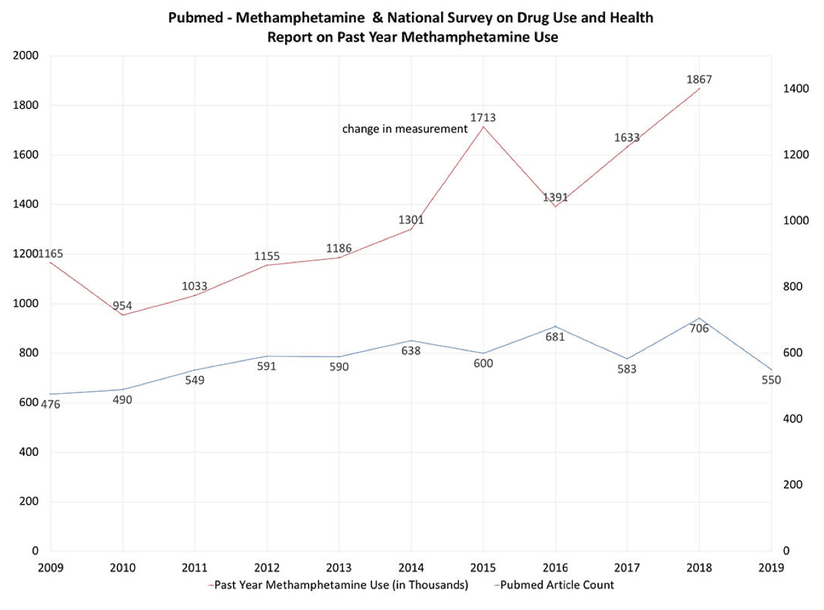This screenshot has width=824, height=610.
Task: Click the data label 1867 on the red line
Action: click(698, 80)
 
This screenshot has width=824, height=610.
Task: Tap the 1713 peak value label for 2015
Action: click(483, 118)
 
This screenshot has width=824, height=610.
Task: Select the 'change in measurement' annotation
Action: click(405, 128)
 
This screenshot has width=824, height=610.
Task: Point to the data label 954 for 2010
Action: click(122, 305)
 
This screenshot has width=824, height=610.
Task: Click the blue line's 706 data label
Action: click(698, 329)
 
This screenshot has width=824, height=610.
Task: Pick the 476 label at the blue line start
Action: click(51, 405)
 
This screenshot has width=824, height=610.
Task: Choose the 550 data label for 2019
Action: click(771, 380)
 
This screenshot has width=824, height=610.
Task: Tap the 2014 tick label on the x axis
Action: click(411, 567)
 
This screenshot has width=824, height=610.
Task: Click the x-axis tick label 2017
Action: click(627, 567)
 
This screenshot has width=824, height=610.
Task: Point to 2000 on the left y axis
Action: click(25, 55)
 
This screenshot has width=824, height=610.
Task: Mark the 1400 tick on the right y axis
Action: click(796, 88)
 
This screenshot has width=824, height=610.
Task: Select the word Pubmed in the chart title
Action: click(192, 18)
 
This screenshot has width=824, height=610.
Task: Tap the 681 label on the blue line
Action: click(555, 337)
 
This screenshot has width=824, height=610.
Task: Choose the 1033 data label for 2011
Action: click(195, 286)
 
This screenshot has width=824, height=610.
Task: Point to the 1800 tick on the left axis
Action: click(25, 105)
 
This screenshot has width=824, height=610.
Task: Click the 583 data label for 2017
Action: click(626, 370)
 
